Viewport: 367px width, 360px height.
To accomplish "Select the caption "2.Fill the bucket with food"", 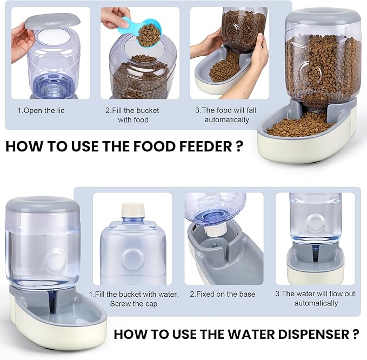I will coord(132,115).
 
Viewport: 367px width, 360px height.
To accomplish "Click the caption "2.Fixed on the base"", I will coord(223,294).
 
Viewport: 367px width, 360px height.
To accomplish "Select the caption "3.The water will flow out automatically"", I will coord(316,298).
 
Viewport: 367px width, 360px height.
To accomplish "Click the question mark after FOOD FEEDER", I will coord(239,147).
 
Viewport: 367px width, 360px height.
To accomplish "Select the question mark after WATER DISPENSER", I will coord(354,335).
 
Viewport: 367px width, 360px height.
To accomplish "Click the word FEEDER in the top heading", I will coord(199,147).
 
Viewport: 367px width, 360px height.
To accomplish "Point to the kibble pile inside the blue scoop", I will coord(149,35).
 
